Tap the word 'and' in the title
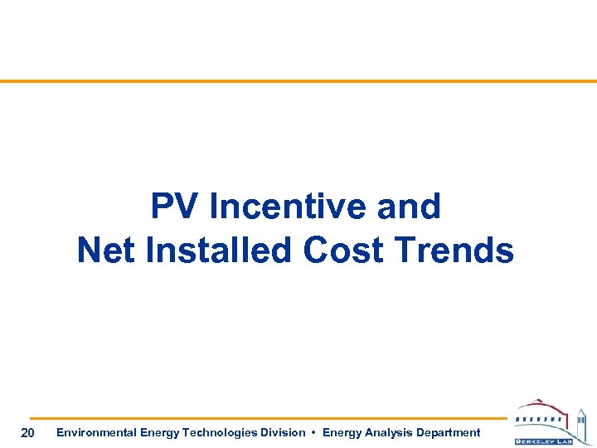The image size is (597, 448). [x=408, y=207]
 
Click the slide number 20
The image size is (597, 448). [x=27, y=432]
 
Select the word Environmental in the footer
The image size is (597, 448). [x=95, y=432]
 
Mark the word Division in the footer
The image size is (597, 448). [x=281, y=432]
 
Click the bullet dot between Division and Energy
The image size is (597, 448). [x=313, y=432]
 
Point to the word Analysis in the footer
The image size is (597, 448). [x=386, y=432]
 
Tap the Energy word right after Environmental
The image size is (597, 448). [x=158, y=432]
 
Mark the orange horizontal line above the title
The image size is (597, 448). [x=298, y=81]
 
